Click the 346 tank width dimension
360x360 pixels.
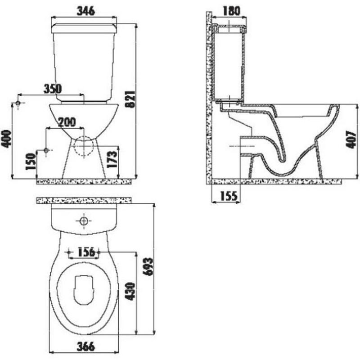(85, 11)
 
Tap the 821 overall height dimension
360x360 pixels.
(131, 99)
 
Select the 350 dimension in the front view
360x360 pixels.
(53, 89)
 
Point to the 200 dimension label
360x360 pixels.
(67, 122)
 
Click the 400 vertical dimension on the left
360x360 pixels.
(6, 139)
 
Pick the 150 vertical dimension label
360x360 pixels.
(31, 162)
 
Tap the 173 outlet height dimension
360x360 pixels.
(112, 159)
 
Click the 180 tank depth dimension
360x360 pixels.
(231, 11)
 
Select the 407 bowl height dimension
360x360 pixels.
(351, 139)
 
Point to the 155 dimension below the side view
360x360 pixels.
(229, 196)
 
